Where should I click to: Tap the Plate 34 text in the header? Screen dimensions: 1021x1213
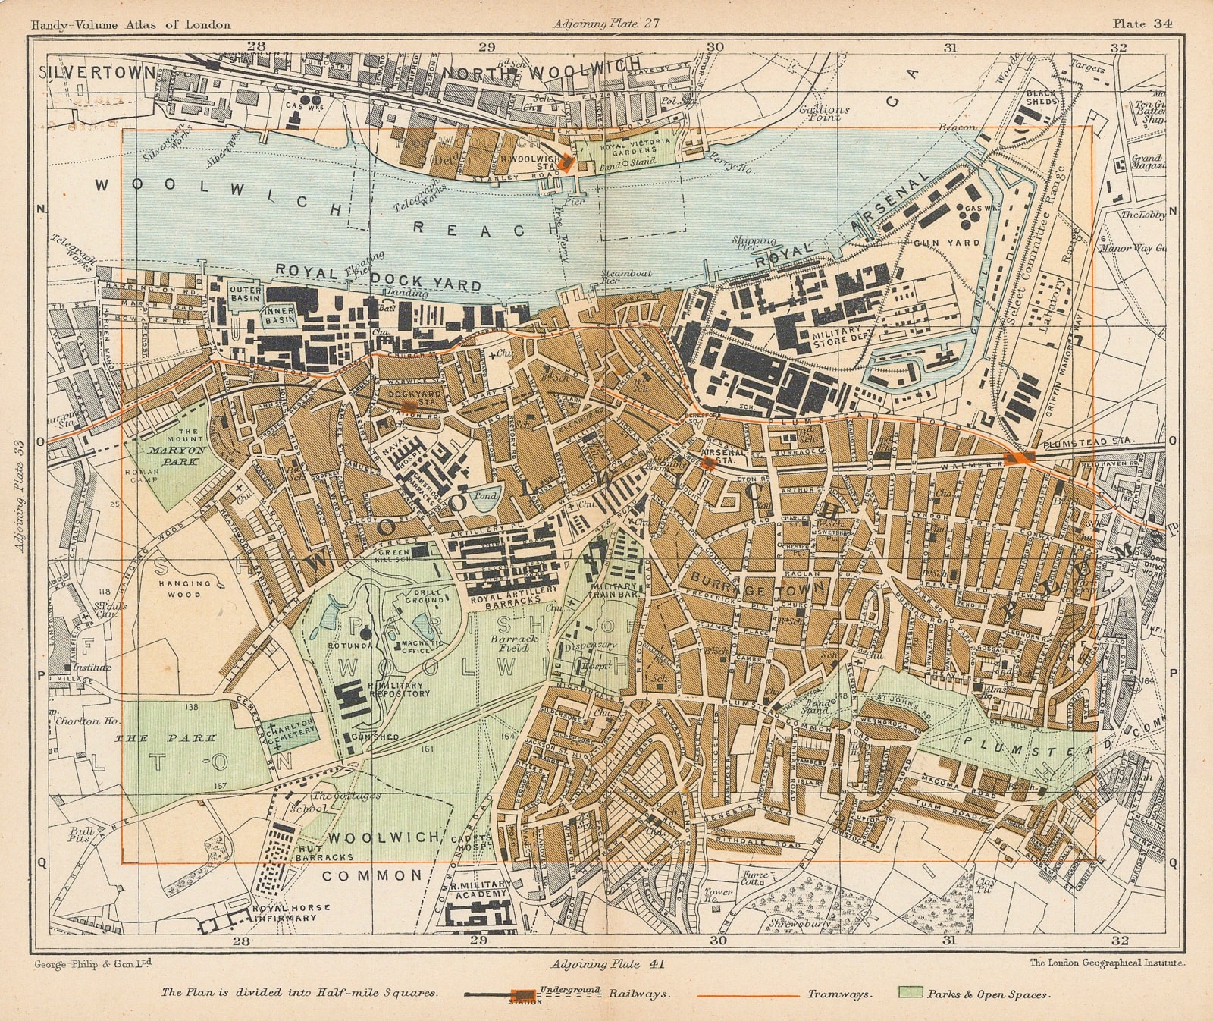[x=1142, y=24]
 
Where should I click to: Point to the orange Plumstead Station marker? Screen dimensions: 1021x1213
[x=1020, y=457]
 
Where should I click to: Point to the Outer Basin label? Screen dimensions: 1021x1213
[x=246, y=294]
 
